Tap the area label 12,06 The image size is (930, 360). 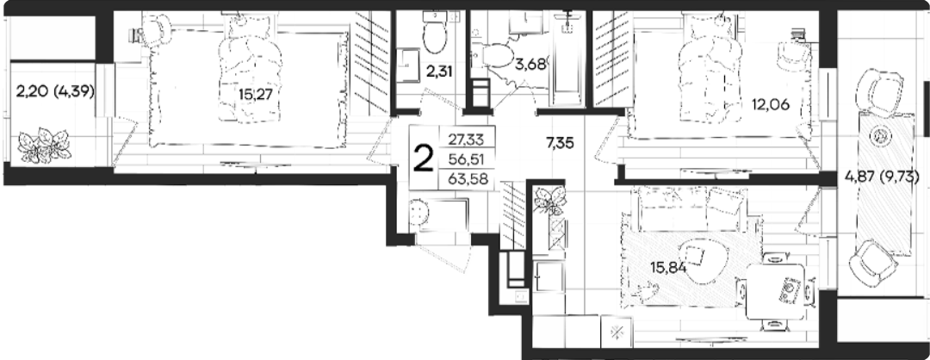[771, 105]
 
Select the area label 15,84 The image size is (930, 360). [668, 268]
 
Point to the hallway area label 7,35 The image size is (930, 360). [560, 143]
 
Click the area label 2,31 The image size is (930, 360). [439, 71]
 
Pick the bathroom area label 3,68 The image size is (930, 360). [530, 64]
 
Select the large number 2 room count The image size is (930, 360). [423, 158]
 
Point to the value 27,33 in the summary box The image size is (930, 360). [466, 140]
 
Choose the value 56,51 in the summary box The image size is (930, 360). [467, 159]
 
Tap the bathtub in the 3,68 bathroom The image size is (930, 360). [567, 59]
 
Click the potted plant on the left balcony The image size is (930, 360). [44, 146]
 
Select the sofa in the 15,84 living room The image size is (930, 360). [691, 208]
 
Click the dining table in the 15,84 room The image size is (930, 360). [775, 291]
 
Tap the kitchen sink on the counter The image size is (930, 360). [549, 276]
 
